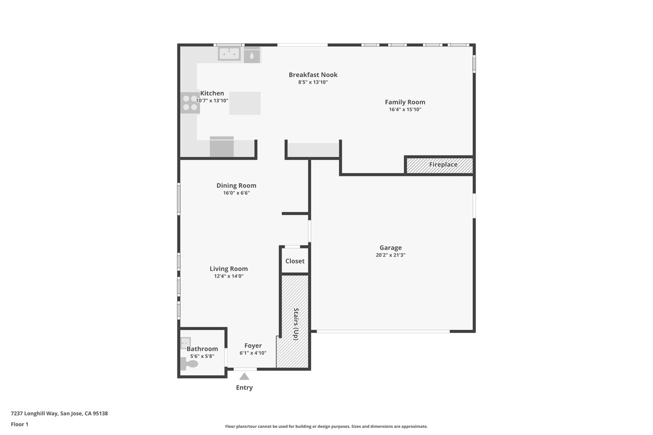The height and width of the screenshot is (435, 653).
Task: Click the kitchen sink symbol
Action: (229, 54)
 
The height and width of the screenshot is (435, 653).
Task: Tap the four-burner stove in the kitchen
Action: (190, 103)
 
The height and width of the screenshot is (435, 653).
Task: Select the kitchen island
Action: (245, 103)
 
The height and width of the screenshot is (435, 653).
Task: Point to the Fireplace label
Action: (443, 165)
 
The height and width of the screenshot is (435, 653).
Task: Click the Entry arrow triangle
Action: (244, 377)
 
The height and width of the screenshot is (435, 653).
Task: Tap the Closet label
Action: (295, 261)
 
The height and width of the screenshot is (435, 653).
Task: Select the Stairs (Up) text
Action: (296, 324)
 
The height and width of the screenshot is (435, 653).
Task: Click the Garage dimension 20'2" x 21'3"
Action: (390, 255)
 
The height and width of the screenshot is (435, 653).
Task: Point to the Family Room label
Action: (405, 102)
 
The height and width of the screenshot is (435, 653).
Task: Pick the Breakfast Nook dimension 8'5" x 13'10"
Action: (313, 82)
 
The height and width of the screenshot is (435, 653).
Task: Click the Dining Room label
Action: (236, 186)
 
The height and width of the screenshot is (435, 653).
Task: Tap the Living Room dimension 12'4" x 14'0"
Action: (229, 276)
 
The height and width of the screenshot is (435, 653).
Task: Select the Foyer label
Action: (253, 346)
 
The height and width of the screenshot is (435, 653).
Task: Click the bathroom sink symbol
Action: (185, 342)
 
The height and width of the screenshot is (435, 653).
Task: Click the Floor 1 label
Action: (19, 424)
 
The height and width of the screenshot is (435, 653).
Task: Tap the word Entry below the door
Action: (244, 388)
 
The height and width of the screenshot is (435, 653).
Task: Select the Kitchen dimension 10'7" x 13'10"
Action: (212, 101)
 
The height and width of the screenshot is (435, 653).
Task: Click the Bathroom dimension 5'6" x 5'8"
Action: (202, 356)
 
